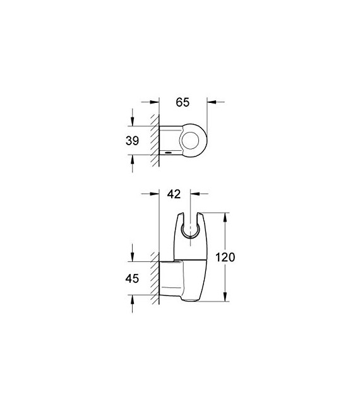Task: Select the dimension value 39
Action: (132, 141)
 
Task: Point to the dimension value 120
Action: (225, 258)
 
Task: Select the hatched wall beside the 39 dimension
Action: (153, 141)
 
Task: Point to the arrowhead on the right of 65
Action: (211, 100)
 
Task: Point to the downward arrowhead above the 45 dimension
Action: (132, 256)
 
